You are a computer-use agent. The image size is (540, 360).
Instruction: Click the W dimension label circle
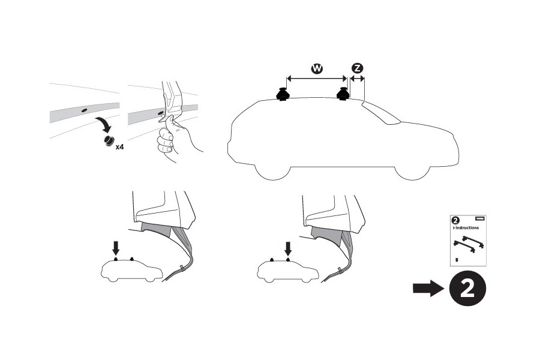tap(317, 69)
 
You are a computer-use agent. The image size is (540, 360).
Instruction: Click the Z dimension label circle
tap(357, 69)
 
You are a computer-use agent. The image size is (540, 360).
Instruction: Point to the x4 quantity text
tap(121, 146)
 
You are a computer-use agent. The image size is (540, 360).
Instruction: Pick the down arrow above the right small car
tap(289, 248)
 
